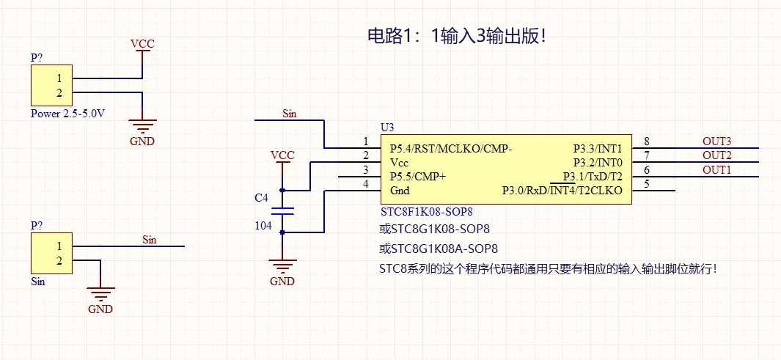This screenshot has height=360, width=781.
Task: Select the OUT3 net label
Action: (716, 141)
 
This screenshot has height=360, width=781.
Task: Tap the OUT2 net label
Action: (716, 155)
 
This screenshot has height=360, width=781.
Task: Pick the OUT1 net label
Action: (716, 169)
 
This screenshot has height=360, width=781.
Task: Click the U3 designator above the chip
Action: (387, 128)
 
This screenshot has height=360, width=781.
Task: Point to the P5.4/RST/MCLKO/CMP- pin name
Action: (451, 148)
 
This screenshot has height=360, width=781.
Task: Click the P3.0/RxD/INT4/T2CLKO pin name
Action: (562, 191)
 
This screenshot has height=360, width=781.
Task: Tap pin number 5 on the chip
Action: (646, 184)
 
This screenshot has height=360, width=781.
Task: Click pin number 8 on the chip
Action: (646, 142)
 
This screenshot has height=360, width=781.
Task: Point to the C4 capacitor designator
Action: (261, 198)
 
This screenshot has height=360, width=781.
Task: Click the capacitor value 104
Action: (263, 227)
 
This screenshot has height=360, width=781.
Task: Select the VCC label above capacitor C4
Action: (282, 155)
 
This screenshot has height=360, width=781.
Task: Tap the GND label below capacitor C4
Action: (282, 282)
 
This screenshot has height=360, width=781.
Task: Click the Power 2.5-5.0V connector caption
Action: (67, 114)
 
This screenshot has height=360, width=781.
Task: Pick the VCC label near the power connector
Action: (142, 44)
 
